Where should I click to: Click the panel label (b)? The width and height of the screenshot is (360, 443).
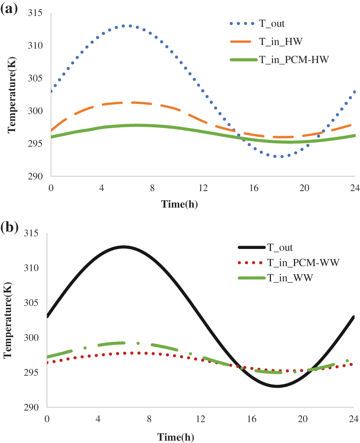[9, 227]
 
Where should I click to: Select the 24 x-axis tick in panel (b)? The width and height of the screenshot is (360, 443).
[353, 419]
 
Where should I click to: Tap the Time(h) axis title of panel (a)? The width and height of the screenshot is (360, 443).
[179, 204]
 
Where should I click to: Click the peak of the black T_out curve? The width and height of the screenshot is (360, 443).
[124, 246]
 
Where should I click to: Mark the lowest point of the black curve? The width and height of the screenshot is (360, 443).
[277, 387]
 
